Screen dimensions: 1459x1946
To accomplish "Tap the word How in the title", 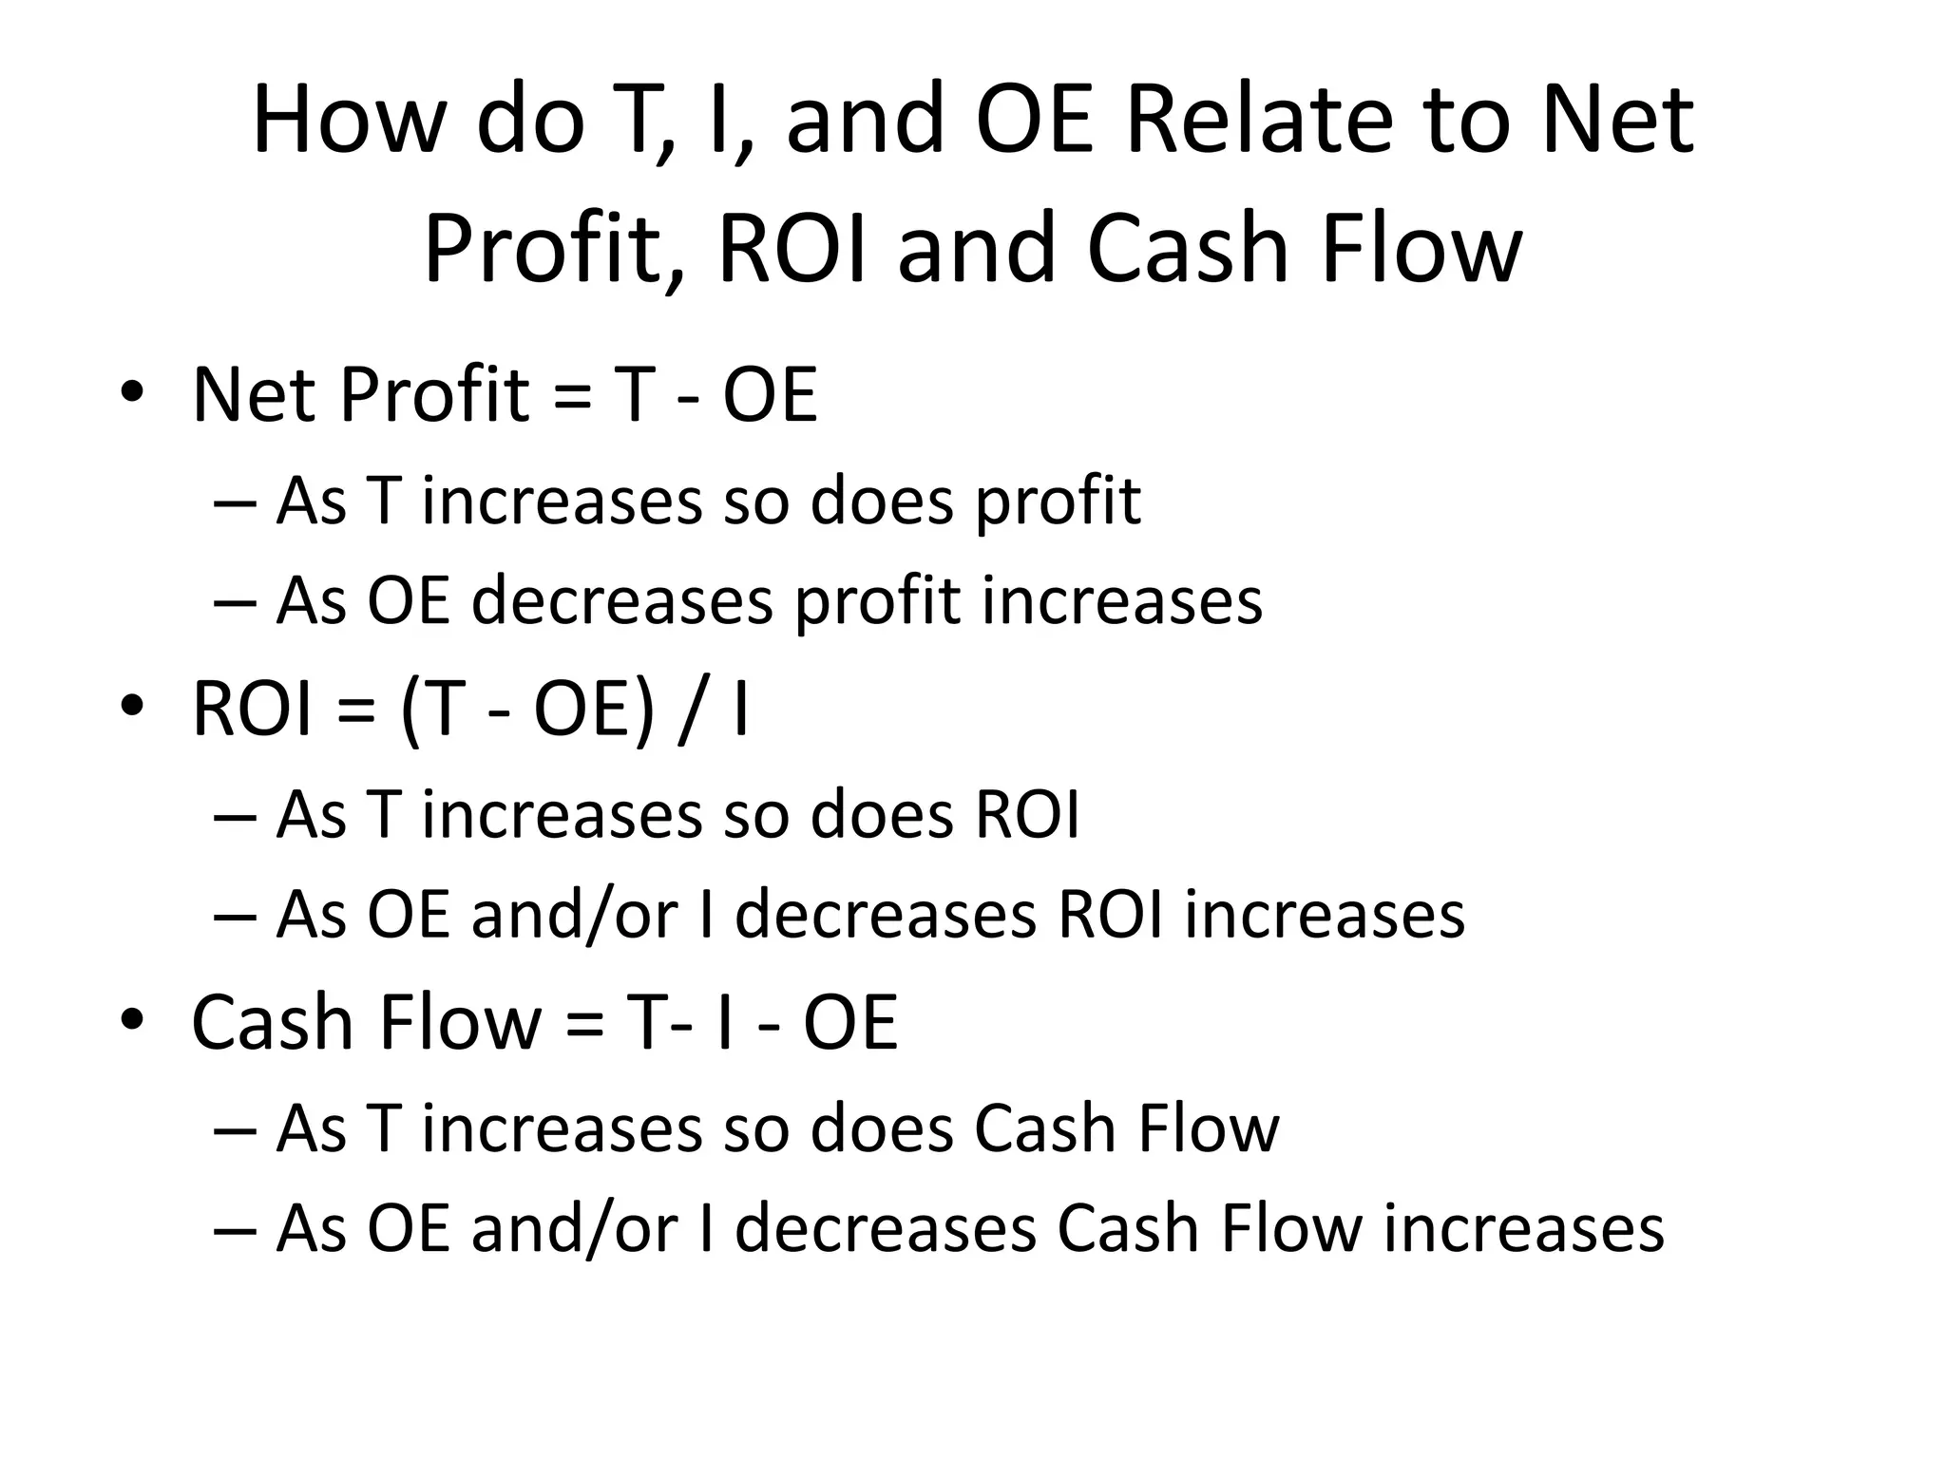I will (x=344, y=121).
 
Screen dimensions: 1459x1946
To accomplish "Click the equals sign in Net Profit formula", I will (x=570, y=396).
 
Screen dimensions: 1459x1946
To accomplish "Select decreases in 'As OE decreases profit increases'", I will (x=622, y=601).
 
